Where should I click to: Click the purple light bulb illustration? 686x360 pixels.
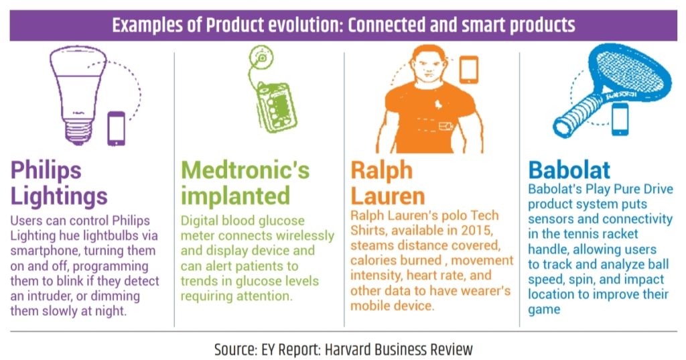[78, 94]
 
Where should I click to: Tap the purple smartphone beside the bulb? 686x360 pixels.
[117, 128]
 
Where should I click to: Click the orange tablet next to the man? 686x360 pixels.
[468, 69]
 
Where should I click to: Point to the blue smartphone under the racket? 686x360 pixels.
[620, 119]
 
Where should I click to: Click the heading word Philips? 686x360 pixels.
[46, 171]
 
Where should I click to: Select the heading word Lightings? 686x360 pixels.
[59, 196]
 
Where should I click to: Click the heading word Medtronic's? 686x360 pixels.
[245, 170]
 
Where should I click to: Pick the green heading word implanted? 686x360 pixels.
[235, 196]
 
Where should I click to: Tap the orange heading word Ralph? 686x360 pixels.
[381, 171]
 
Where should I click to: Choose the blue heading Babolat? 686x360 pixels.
[569, 170]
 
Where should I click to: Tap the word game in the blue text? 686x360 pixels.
[544, 310]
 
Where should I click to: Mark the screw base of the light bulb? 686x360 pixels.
[78, 132]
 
